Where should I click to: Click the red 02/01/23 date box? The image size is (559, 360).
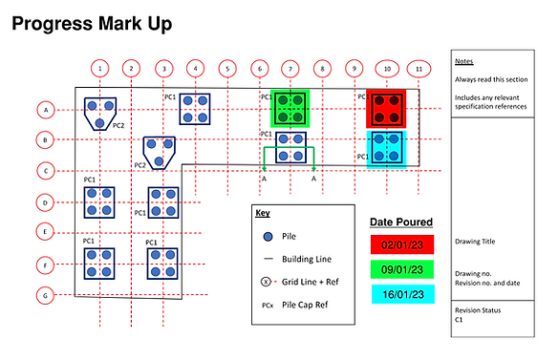point(402,244)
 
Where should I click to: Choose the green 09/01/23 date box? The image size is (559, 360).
point(402,269)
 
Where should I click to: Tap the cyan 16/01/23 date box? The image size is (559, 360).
point(403,294)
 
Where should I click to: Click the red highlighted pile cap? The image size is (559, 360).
point(386,109)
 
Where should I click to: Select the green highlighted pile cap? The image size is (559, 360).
point(290,109)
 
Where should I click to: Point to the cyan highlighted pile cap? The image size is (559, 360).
point(387,149)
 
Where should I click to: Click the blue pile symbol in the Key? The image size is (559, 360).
point(268,237)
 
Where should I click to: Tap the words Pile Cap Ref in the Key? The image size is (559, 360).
point(305,305)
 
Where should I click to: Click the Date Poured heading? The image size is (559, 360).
point(401,222)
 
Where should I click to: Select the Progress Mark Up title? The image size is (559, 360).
point(92,24)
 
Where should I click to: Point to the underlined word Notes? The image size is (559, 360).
point(463,61)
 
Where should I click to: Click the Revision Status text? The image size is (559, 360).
point(478,310)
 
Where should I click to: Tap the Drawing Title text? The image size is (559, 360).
point(475,242)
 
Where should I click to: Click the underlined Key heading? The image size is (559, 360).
point(263,213)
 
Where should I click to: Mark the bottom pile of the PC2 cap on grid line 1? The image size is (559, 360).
point(99,123)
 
